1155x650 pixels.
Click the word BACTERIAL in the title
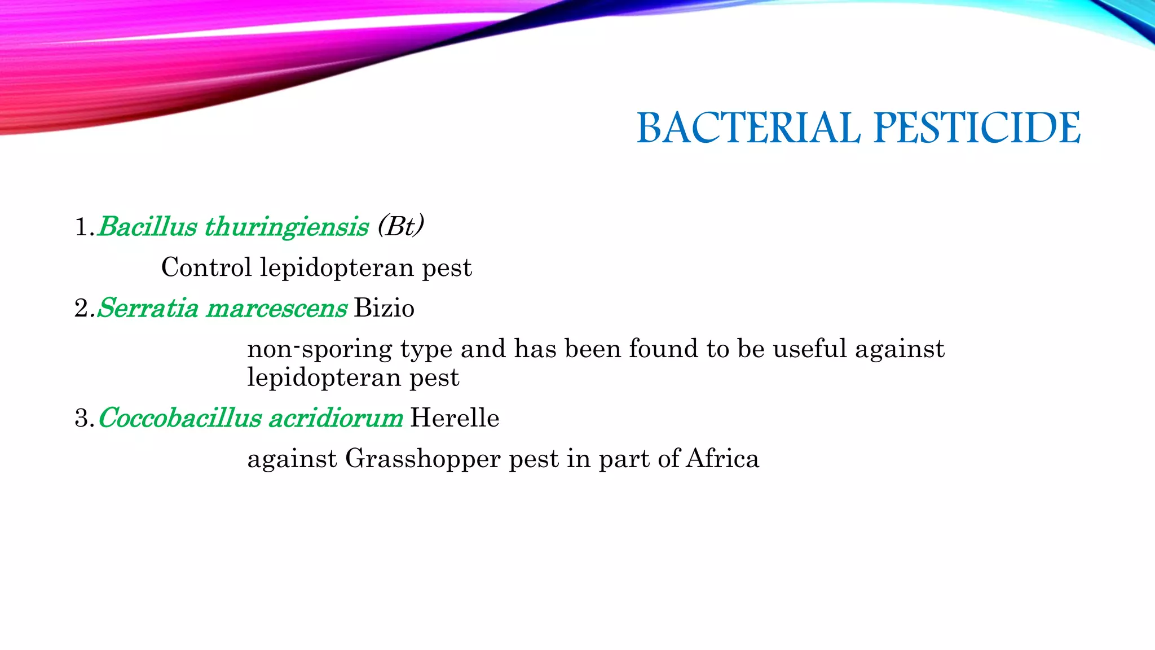[x=748, y=128]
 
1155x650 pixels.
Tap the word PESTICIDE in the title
[x=977, y=128]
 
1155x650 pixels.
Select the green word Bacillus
[x=148, y=227]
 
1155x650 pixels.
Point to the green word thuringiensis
[x=286, y=227]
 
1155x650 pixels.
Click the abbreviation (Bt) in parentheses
[x=401, y=227]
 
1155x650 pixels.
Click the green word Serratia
[x=148, y=308]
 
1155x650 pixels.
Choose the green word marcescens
[x=277, y=308]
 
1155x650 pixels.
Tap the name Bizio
[x=384, y=308]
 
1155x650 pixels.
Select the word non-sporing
[x=320, y=349]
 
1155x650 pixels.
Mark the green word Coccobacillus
[x=179, y=418]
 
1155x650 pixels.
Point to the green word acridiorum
[x=336, y=418]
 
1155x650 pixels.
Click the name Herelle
[x=455, y=418]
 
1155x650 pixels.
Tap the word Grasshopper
[x=423, y=459]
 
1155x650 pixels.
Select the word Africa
[x=722, y=459]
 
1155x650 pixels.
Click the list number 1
[x=81, y=227]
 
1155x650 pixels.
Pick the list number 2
[x=81, y=309]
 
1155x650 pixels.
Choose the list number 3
[x=81, y=419]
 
